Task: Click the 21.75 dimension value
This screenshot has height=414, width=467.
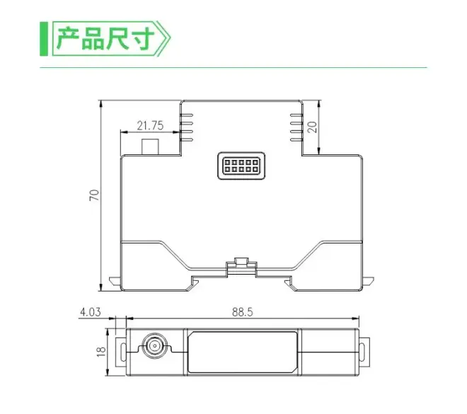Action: pos(150,126)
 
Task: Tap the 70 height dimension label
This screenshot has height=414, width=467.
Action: pos(94,195)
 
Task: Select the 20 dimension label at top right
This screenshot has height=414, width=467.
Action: pos(313,127)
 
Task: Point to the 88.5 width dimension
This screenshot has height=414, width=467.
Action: pos(243,312)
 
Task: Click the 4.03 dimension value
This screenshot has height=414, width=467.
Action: pos(91,312)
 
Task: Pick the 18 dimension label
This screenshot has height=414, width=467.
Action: pos(101,352)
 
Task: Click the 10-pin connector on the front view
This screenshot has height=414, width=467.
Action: pos(241,166)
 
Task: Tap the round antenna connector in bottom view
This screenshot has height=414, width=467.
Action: pos(154,346)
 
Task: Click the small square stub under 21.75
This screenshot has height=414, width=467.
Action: pos(151,146)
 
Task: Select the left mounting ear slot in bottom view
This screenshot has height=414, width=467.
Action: pos(123,352)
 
